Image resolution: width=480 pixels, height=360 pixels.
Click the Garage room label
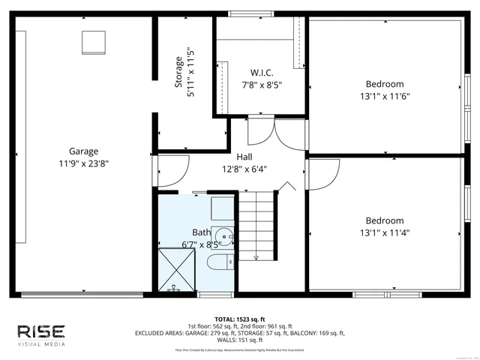tap(84, 151)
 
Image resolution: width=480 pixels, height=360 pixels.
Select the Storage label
tap(178, 73)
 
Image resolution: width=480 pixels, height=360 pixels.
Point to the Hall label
tap(244, 157)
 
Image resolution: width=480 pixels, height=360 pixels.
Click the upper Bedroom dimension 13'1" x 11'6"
tap(384, 96)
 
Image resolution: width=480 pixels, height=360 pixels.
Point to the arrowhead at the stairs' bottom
tap(256, 258)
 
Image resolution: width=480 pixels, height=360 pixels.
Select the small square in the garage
tap(94, 42)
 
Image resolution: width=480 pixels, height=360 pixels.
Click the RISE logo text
tap(41, 331)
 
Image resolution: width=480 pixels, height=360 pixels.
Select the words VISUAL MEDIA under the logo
tap(41, 344)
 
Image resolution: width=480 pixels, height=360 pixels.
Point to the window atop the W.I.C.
tap(240, 13)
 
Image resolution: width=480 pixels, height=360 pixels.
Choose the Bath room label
tap(202, 232)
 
